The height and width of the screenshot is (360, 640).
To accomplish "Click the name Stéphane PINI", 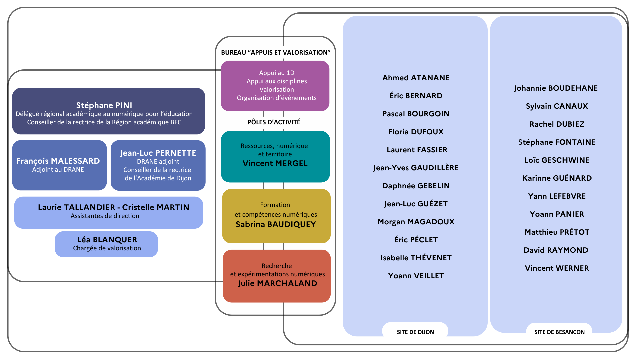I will (x=104, y=105).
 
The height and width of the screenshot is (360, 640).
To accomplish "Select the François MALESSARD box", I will (x=59, y=165).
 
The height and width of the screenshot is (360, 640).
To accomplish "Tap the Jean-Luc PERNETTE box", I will (x=158, y=165).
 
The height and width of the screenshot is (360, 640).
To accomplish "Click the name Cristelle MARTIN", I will (x=155, y=207).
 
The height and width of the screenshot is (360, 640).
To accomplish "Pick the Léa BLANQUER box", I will (x=106, y=244).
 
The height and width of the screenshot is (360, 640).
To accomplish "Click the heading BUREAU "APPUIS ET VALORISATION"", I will (x=276, y=52).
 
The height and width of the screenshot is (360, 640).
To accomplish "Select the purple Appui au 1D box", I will (x=275, y=86).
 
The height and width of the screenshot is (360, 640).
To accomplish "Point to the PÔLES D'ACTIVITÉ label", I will (x=274, y=122).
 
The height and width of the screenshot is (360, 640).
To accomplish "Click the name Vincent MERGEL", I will (x=275, y=163).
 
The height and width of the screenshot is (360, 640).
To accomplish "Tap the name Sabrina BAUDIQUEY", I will (x=276, y=224).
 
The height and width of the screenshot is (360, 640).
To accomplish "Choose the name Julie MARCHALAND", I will (x=277, y=283).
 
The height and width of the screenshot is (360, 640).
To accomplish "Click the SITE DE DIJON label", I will (x=415, y=332).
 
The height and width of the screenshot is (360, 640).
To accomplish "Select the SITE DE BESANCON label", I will (x=559, y=332).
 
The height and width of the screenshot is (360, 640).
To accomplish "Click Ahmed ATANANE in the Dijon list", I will (x=416, y=78).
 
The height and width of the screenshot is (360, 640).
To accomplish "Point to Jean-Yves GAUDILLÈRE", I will (x=416, y=168).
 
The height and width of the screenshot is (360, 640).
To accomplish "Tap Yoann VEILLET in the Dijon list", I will (x=416, y=276).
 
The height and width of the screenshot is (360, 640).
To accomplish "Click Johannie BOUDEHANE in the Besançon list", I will (x=556, y=88).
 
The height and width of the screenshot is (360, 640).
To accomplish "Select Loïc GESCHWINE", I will (x=557, y=160).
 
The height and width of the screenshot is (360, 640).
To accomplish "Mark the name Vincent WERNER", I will (x=557, y=268).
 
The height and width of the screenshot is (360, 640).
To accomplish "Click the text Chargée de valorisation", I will (x=107, y=248).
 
